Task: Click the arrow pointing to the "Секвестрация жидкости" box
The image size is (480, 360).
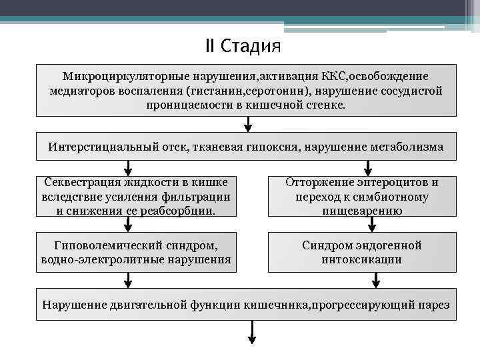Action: [127, 167]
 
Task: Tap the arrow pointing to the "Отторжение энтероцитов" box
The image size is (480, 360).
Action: [366, 167]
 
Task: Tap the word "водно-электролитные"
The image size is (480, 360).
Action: [99, 259]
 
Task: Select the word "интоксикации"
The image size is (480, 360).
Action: [363, 259]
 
